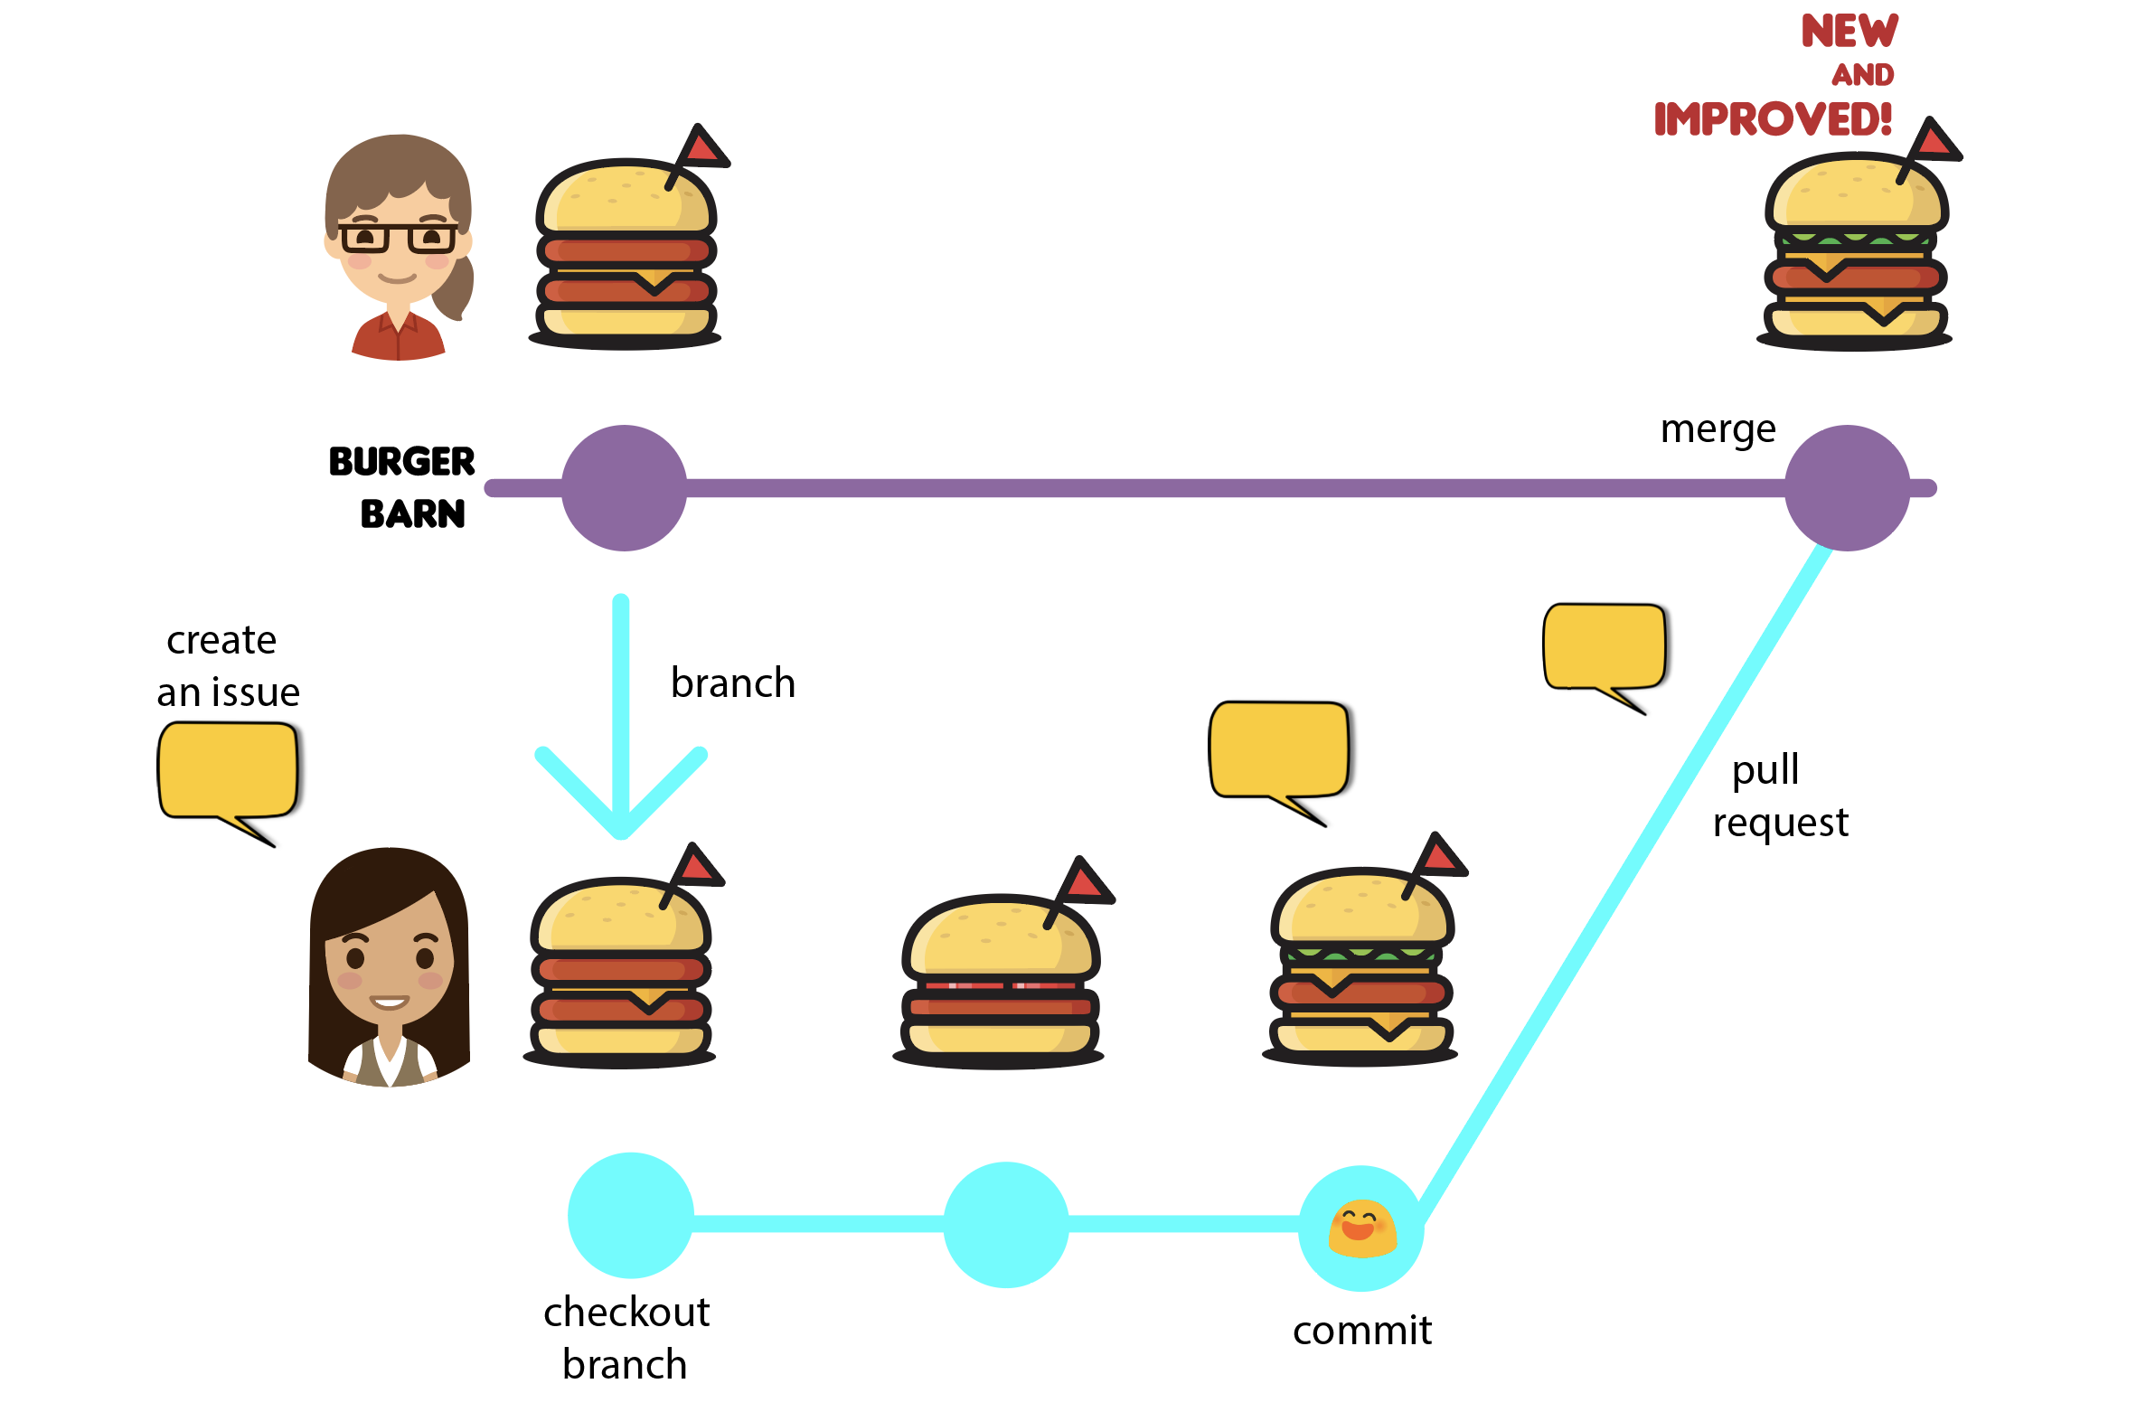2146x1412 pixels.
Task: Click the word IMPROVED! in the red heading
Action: click(1772, 119)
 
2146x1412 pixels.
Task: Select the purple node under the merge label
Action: click(1847, 488)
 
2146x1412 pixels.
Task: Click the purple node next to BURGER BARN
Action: click(624, 488)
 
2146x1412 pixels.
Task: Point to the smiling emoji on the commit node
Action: click(1362, 1228)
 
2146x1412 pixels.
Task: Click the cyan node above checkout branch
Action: click(631, 1216)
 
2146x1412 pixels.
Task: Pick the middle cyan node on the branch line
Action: click(1006, 1225)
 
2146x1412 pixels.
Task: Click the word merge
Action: click(1718, 429)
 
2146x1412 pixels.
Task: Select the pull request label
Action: click(1779, 795)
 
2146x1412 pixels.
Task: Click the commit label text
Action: click(1362, 1331)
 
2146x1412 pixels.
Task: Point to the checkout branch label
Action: click(626, 1338)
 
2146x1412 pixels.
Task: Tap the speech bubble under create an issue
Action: click(227, 771)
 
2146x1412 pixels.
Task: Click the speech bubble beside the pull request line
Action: click(1605, 647)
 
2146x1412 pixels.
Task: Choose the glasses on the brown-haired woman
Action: click(398, 237)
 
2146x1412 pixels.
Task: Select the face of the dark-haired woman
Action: click(390, 967)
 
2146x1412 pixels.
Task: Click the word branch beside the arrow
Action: click(733, 682)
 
